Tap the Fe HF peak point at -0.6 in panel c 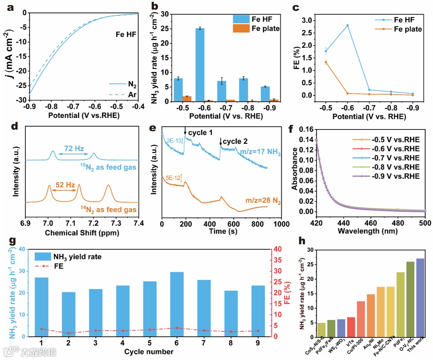click(x=348, y=25)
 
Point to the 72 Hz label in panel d click(x=73, y=149)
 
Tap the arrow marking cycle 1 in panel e click(x=185, y=131)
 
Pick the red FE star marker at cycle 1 click(x=42, y=329)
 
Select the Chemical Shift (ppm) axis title click(x=82, y=232)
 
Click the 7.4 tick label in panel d click(x=139, y=222)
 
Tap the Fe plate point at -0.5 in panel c click(x=326, y=62)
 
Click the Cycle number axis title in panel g click(x=149, y=352)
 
